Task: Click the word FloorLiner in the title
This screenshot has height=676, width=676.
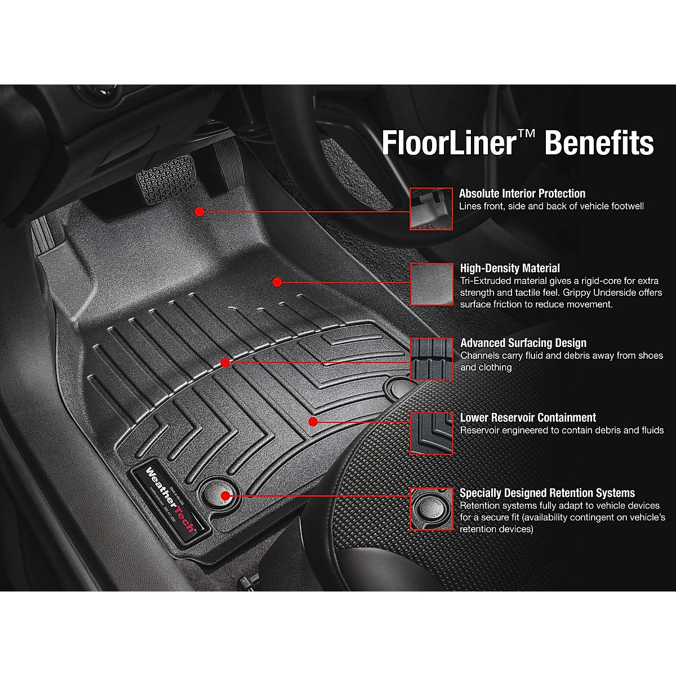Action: tap(448, 143)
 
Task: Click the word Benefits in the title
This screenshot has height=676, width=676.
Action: tap(599, 143)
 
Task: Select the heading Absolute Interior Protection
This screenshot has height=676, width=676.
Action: tap(522, 194)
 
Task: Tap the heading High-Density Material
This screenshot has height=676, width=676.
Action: tap(510, 268)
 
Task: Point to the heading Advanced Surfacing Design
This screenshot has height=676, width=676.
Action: tap(523, 343)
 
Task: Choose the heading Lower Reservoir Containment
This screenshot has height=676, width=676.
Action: tap(528, 418)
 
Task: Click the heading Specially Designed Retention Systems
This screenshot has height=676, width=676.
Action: tap(547, 493)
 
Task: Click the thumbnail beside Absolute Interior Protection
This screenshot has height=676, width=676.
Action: tap(431, 209)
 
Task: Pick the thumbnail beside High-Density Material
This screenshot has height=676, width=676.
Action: tap(431, 284)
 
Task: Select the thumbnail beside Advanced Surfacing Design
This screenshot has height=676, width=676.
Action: tap(431, 359)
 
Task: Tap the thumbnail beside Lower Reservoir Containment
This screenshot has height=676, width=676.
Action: tap(431, 433)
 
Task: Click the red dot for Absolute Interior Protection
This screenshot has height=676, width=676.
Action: tap(199, 211)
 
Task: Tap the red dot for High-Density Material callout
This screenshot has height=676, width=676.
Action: tap(277, 281)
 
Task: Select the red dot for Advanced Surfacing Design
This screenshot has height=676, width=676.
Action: tap(225, 363)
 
